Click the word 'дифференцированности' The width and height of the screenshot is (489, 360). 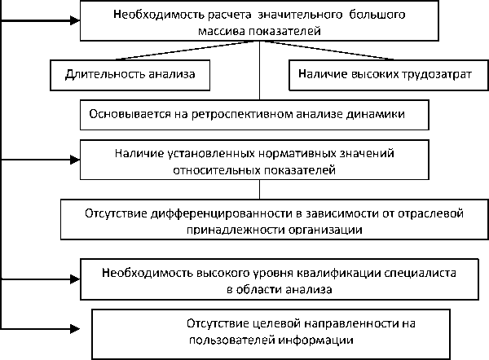[x=205, y=213]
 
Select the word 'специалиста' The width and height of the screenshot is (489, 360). [x=394, y=271]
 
